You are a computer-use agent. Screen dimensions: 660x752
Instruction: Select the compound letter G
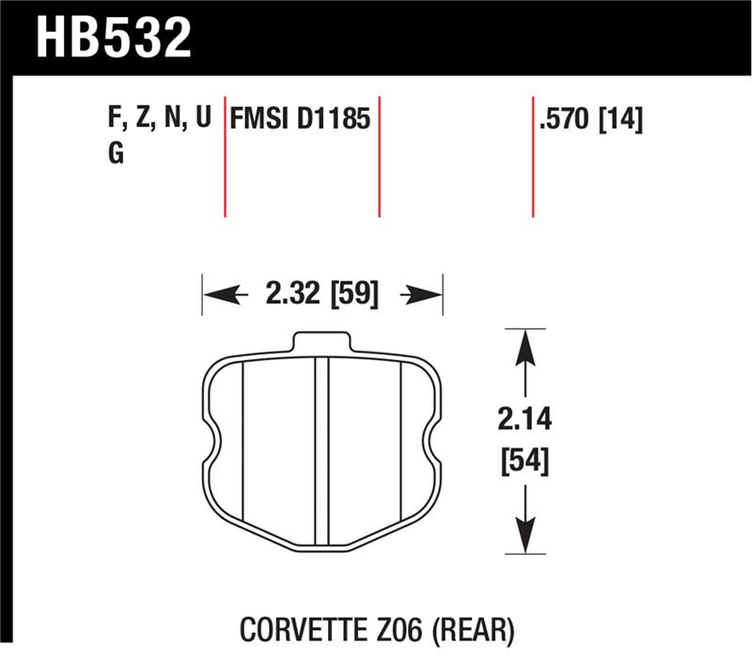[117, 153]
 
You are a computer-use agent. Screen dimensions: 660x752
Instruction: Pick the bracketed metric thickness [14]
[621, 119]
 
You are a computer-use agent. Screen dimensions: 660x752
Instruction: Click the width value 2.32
[291, 295]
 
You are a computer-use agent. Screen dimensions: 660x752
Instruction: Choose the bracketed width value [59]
[352, 295]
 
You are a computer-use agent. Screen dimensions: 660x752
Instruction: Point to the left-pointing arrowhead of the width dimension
[215, 295]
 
